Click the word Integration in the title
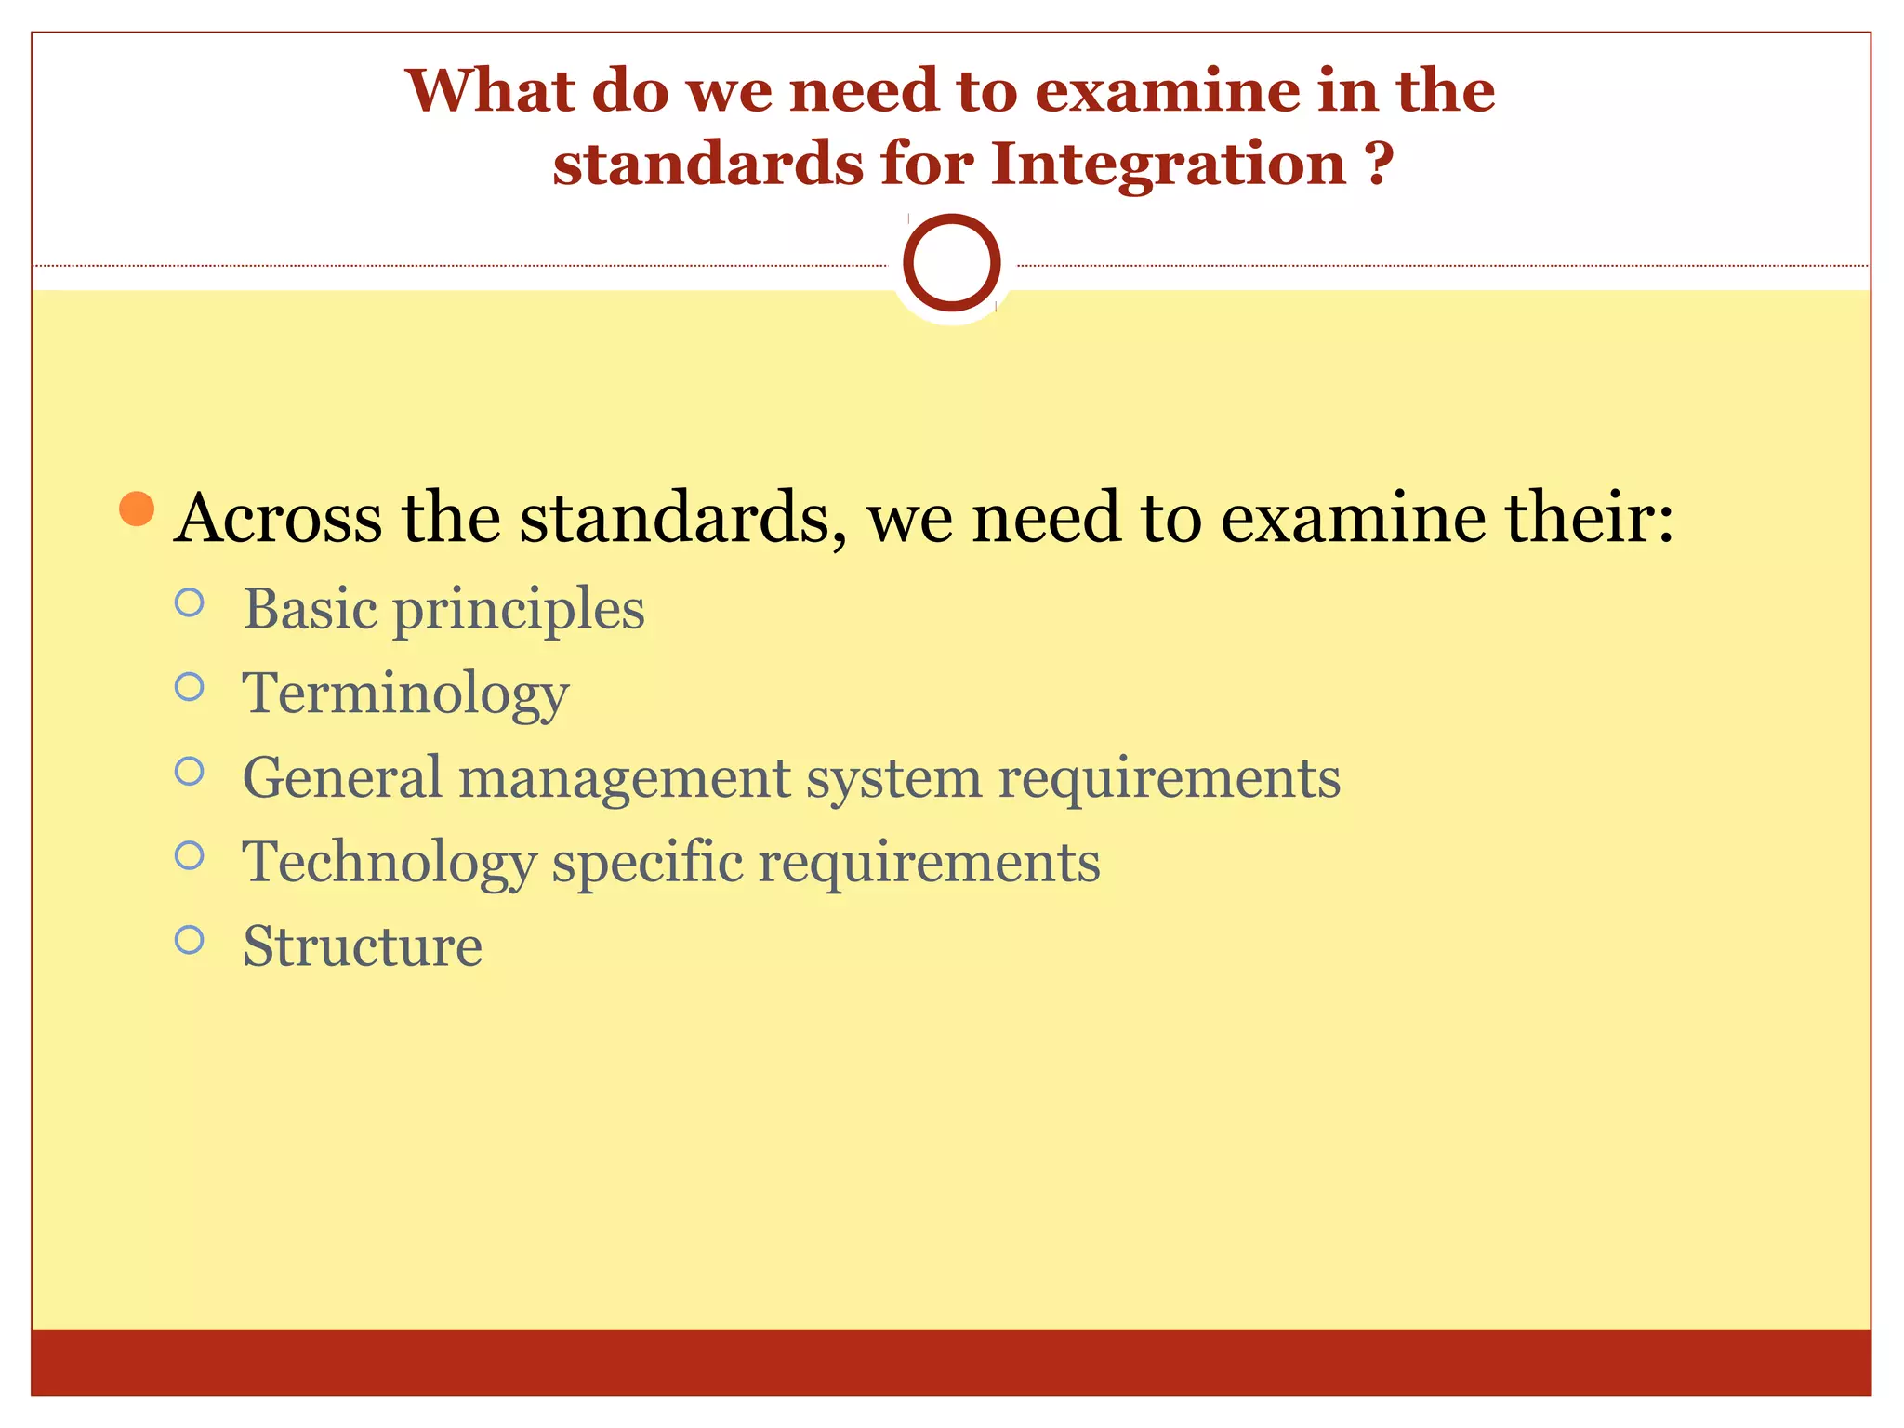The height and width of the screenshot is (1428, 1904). (1169, 165)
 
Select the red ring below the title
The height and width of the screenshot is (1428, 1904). (951, 262)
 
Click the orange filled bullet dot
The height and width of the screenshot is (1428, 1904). (138, 509)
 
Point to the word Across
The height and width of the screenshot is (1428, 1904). (278, 518)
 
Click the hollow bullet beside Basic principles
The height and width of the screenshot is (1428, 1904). (189, 603)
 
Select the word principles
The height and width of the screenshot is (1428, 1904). (518, 611)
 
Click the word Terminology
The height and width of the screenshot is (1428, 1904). (405, 694)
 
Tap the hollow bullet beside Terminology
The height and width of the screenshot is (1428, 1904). (189, 687)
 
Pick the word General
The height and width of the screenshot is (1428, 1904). (342, 777)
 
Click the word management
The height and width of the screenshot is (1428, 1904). (624, 779)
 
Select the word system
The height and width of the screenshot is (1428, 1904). (893, 779)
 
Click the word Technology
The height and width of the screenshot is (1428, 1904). (389, 863)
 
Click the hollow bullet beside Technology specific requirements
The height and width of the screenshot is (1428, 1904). (189, 855)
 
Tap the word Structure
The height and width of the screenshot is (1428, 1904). (363, 946)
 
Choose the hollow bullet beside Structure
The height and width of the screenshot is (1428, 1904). (189, 940)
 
